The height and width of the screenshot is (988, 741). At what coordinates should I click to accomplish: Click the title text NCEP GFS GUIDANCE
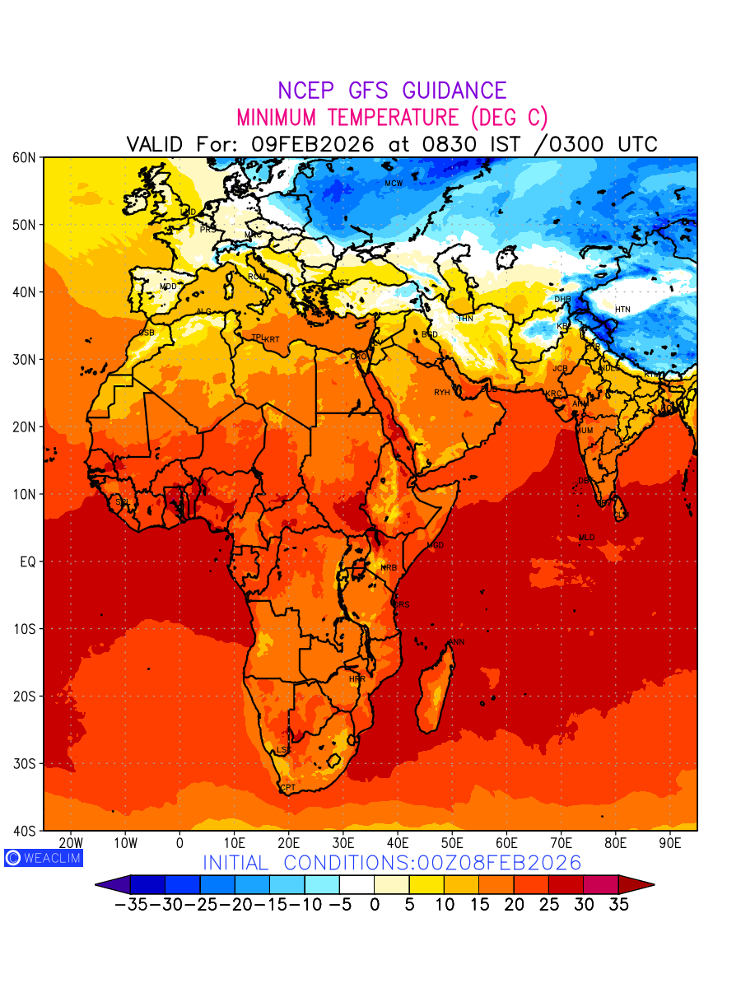392,91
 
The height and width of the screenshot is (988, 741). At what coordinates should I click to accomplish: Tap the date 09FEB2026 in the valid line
313,144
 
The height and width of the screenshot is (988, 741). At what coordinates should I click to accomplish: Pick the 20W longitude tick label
71,843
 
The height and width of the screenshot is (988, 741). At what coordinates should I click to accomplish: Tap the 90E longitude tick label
670,843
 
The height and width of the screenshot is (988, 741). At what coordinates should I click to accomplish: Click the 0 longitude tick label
179,843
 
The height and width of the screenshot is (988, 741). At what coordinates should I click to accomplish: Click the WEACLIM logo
44,858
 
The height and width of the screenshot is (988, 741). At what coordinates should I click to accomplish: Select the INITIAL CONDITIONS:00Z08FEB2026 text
392,863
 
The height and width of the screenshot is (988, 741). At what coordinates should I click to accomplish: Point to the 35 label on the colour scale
618,905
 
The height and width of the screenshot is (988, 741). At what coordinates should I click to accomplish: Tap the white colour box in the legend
357,885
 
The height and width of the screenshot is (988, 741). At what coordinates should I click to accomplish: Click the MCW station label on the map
394,184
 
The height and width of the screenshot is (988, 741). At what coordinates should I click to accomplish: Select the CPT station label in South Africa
288,788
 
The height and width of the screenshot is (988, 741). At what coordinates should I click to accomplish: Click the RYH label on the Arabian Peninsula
442,393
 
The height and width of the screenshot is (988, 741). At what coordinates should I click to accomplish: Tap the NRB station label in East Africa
389,568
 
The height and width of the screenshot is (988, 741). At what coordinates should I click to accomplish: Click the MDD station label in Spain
168,287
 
